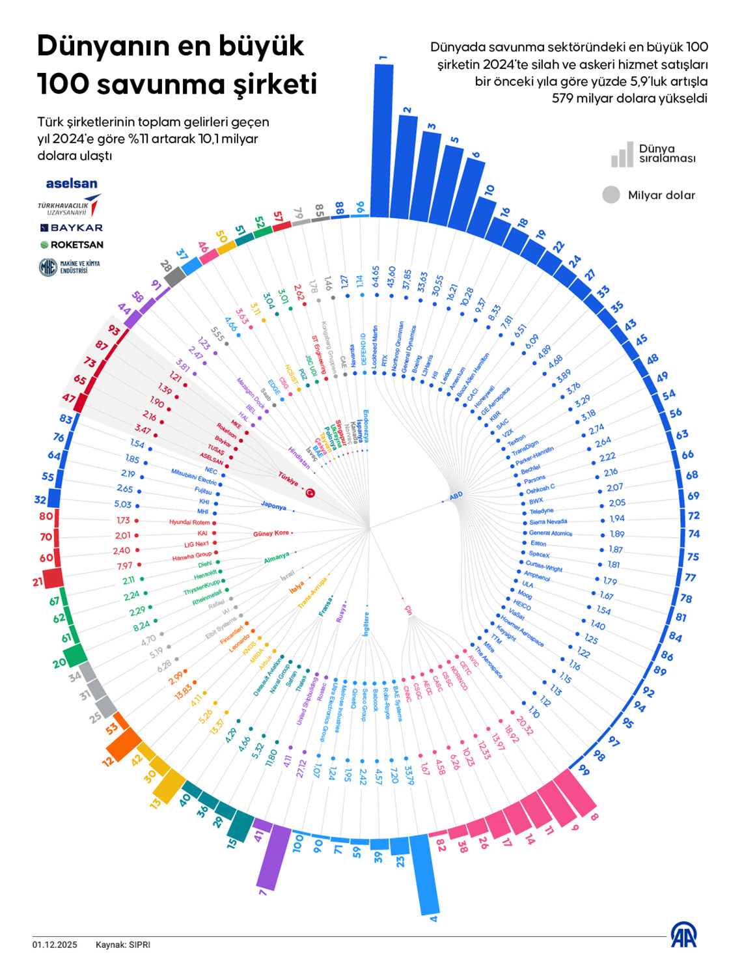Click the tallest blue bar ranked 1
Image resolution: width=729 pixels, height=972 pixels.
(x=384, y=140)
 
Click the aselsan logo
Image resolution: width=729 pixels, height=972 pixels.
(x=72, y=184)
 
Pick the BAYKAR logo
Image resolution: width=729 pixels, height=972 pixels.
(x=72, y=228)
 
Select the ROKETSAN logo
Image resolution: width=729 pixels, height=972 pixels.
(x=72, y=245)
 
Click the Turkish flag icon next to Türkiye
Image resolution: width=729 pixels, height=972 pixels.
(x=310, y=493)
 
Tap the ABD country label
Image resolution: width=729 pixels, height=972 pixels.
(x=456, y=495)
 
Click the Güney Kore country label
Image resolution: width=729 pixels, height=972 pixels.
(x=271, y=534)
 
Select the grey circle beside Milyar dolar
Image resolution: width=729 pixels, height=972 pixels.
(x=611, y=195)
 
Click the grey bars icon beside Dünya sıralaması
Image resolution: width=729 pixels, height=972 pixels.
(x=622, y=154)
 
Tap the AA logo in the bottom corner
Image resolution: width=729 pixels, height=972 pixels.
(x=683, y=935)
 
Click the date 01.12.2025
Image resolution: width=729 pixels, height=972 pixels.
(x=55, y=945)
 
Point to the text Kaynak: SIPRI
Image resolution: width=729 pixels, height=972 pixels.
(x=122, y=945)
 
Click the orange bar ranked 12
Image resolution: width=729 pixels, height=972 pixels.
(x=123, y=745)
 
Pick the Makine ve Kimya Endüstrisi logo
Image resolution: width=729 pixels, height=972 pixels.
(x=69, y=267)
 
